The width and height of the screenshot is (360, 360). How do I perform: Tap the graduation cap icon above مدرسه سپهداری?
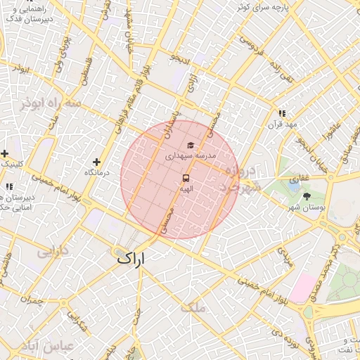(190, 146)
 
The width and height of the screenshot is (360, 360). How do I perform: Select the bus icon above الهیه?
(186, 178)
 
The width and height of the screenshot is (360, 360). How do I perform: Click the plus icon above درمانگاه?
(96, 162)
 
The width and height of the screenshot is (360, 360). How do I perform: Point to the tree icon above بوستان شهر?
(306, 196)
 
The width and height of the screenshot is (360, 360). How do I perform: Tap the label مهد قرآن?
(282, 124)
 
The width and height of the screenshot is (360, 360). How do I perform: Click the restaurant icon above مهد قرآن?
(282, 113)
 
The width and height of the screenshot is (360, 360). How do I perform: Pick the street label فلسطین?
(84, 71)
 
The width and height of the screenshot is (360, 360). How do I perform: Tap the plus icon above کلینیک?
(5, 153)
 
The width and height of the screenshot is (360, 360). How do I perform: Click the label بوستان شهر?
(307, 207)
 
